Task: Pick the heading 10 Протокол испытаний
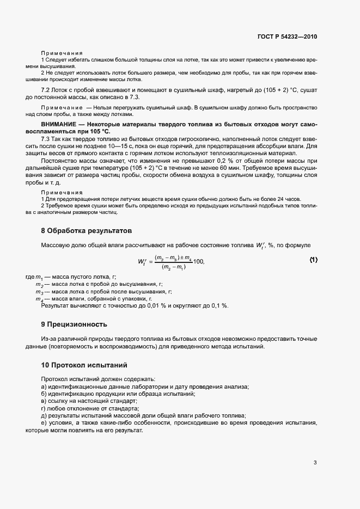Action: tap(84, 364)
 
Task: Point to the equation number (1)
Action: tap(313, 260)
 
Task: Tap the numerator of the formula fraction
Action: tap(173, 257)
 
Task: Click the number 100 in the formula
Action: tap(198, 262)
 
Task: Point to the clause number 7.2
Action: tap(46, 88)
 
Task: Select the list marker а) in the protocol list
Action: tap(44, 387)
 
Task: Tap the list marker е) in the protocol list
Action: tap(44, 422)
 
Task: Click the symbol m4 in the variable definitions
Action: tap(39, 299)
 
